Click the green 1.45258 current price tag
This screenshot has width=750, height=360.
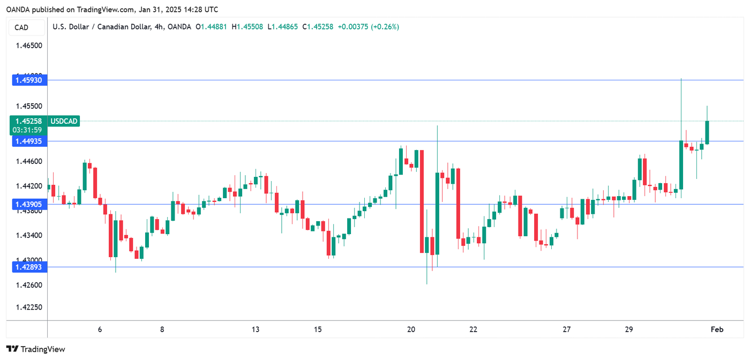[29, 121]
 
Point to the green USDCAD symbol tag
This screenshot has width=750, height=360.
[64, 122]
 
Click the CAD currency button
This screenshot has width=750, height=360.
[22, 27]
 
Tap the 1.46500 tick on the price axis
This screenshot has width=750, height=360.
[29, 46]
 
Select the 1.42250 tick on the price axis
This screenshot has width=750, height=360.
[29, 307]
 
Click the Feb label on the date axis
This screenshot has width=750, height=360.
[717, 329]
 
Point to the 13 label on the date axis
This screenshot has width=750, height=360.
[256, 329]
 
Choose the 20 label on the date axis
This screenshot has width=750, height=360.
[411, 329]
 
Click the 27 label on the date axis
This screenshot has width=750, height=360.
[567, 329]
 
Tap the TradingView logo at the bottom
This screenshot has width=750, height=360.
[36, 349]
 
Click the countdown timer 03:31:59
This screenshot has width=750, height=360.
[29, 130]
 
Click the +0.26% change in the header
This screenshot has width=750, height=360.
[386, 27]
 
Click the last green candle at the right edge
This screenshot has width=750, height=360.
[707, 132]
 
